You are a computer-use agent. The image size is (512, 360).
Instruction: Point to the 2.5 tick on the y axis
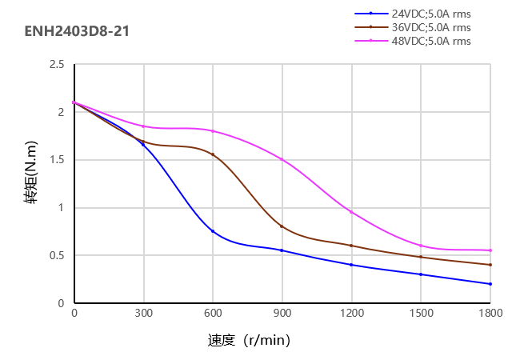pos(56,64)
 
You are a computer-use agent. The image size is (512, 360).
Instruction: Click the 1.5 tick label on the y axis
pos(56,160)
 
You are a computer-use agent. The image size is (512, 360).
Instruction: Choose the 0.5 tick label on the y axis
pos(56,256)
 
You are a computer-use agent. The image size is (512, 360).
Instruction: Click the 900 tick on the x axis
pos(282,314)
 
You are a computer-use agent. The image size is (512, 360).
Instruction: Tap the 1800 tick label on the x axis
pos(490,314)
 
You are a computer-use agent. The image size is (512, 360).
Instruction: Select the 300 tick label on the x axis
pos(144,314)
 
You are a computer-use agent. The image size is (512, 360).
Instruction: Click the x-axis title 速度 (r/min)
pos(249,341)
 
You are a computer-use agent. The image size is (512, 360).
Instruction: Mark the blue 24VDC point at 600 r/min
pos(213,231)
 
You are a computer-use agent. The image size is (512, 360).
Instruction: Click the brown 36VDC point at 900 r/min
pos(282,226)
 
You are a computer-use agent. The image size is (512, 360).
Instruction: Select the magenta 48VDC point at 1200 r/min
pos(351,212)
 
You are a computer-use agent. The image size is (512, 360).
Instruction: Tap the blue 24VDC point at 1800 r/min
pos(490,284)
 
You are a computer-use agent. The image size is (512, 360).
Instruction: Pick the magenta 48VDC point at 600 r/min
pos(213,131)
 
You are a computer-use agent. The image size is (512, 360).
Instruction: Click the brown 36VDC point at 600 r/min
pos(213,154)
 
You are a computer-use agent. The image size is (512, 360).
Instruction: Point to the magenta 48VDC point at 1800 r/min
pos(490,250)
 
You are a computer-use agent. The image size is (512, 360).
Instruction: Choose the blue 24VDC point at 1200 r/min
pos(351,265)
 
